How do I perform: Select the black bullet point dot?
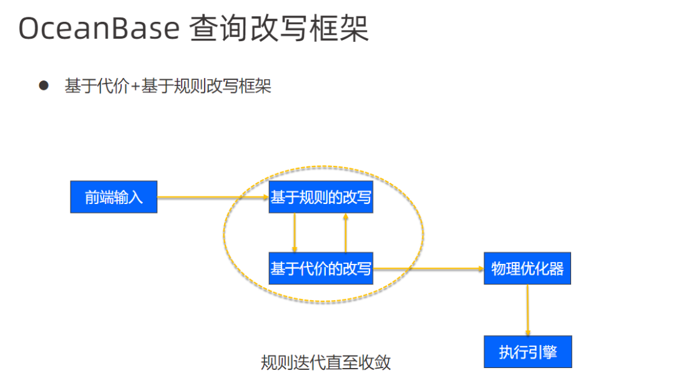pyautogui.click(x=44, y=85)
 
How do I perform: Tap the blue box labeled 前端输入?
pyautogui.click(x=114, y=197)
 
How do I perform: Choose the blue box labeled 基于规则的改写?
pyautogui.click(x=321, y=198)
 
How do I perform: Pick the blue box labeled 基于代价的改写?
pyautogui.click(x=321, y=269)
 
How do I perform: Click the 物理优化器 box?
pyautogui.click(x=527, y=269)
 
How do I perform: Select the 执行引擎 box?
pyautogui.click(x=527, y=352)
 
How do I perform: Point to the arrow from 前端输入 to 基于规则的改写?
pyautogui.click(x=212, y=197)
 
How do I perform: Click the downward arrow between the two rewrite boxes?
pyautogui.click(x=294, y=233)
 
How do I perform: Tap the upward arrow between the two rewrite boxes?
pyautogui.click(x=345, y=233)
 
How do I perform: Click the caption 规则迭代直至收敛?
pyautogui.click(x=326, y=363)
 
